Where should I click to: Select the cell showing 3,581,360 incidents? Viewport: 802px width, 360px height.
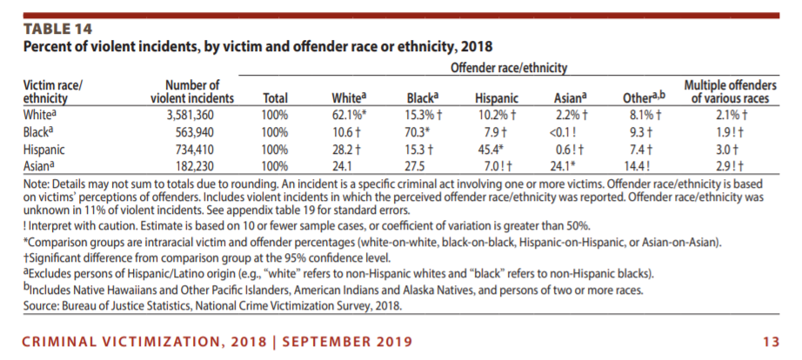coord(190,115)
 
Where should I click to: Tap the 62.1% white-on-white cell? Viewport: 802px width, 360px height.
coord(350,115)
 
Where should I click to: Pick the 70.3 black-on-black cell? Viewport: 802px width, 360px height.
coord(417,132)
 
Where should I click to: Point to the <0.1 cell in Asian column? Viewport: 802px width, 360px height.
coord(562,132)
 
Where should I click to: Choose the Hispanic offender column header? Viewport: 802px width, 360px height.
coord(496,98)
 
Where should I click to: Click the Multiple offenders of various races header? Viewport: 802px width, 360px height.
coord(730,91)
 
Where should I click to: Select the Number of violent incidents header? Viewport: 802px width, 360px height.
coord(192,91)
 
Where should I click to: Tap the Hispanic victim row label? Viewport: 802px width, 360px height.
coord(44,150)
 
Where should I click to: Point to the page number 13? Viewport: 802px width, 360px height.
coord(771,342)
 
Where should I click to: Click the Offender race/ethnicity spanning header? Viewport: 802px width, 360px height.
coord(508,68)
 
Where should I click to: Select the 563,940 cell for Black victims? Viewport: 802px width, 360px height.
coord(194,132)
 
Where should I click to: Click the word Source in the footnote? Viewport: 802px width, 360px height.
coord(38,307)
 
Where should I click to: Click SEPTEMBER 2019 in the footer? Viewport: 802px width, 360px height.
coord(347,342)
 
